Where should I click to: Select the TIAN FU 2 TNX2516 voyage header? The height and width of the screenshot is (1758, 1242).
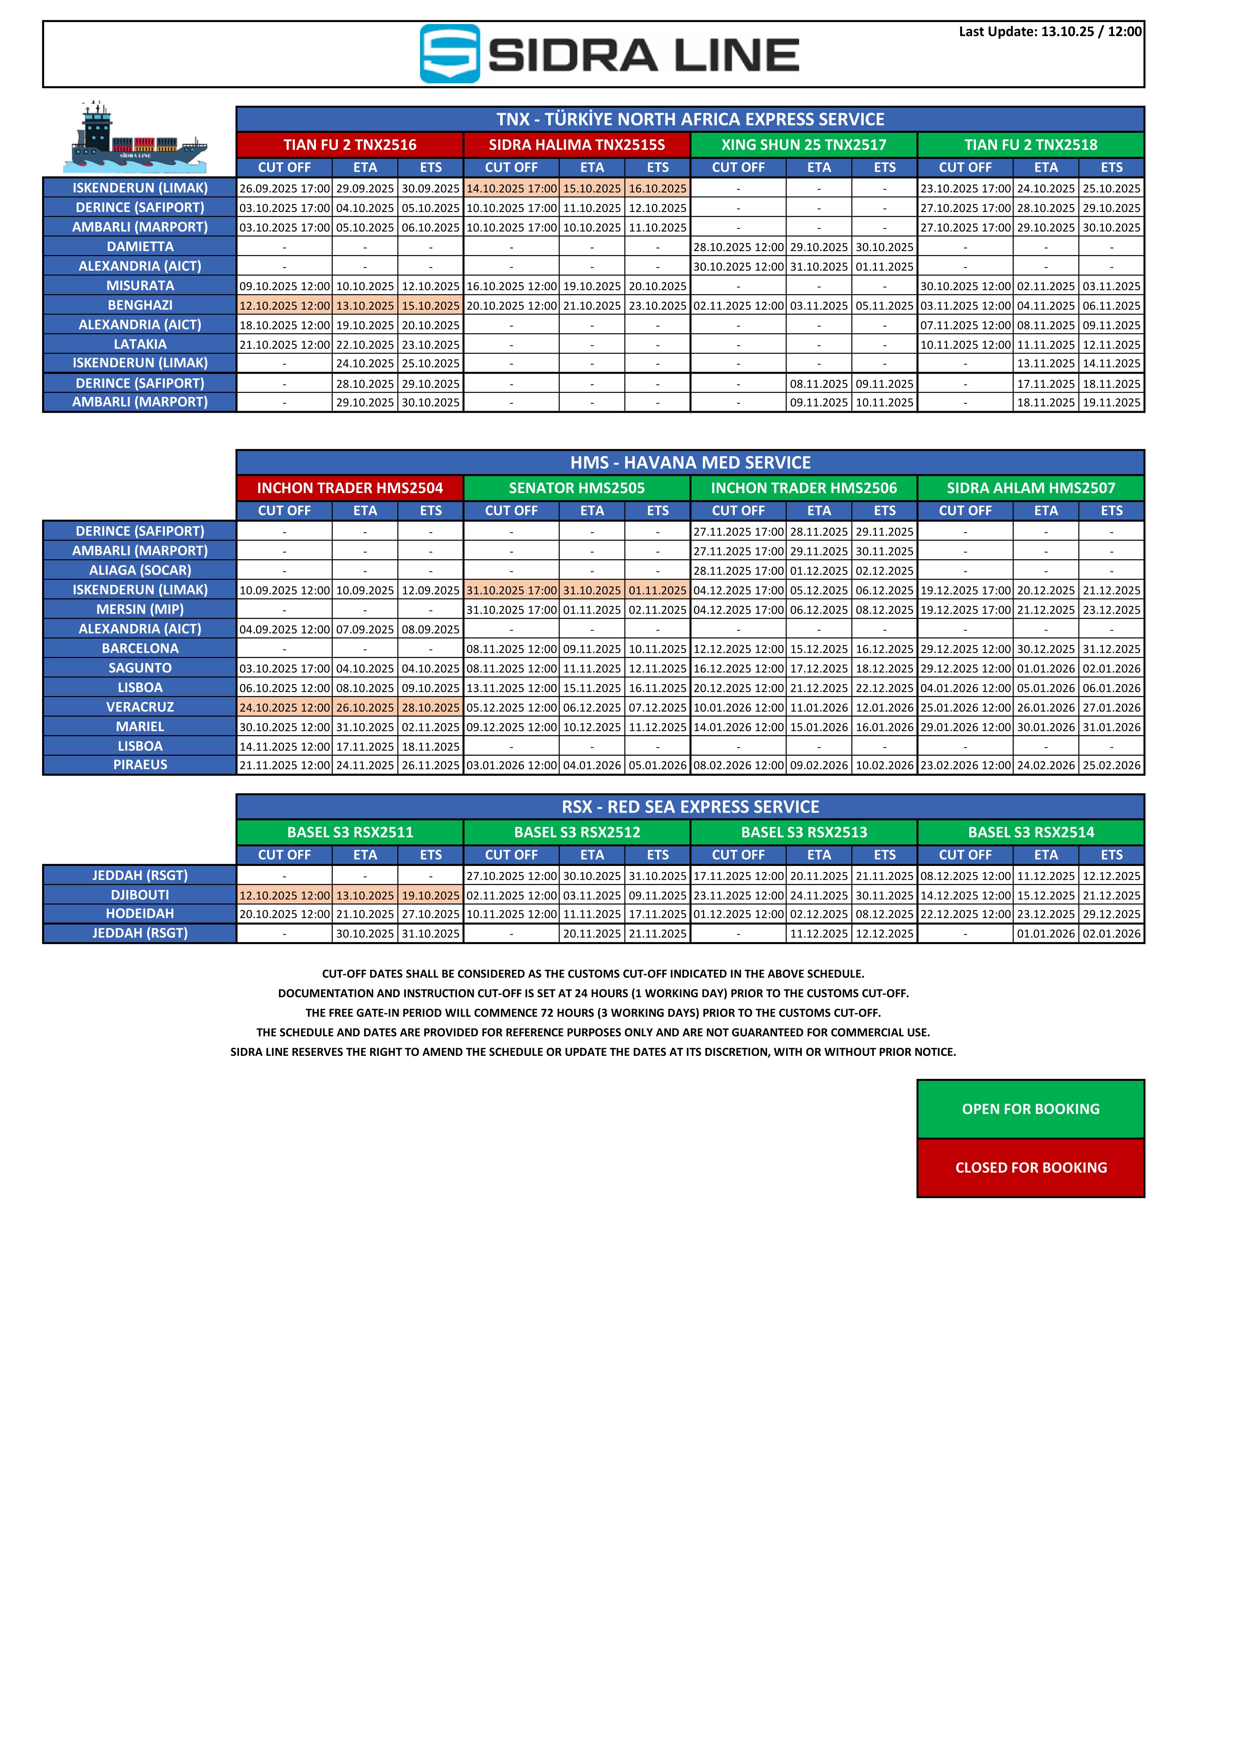(350, 145)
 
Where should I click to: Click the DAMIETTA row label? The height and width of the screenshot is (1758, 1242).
(140, 247)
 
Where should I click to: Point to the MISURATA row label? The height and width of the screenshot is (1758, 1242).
(140, 286)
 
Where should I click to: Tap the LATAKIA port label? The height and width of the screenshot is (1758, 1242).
(140, 345)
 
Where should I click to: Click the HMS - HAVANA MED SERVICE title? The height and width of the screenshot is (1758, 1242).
(690, 462)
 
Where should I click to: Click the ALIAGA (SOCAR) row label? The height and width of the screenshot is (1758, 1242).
(140, 570)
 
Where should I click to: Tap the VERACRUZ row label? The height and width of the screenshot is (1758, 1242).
(140, 707)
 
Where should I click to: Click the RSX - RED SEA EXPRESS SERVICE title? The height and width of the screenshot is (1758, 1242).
(690, 807)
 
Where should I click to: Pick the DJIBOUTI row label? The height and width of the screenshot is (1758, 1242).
(140, 895)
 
